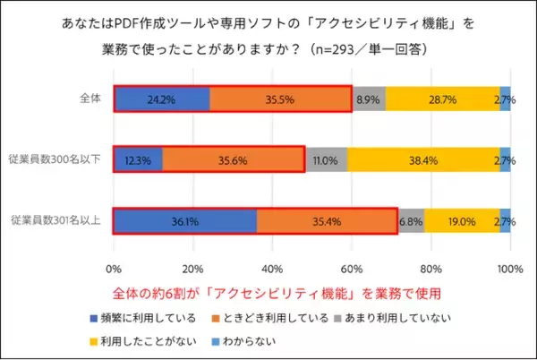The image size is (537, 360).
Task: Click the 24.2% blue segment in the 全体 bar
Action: pyautogui.click(x=162, y=99)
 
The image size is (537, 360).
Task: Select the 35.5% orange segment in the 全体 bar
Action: pyautogui.click(x=280, y=99)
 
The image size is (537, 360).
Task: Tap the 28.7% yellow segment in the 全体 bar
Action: pyautogui.click(x=442, y=99)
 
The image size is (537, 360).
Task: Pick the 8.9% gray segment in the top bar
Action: pyautogui.click(x=368, y=99)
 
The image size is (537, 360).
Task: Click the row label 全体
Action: pyautogui.click(x=87, y=99)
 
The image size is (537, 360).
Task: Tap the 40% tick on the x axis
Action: pyautogui.click(x=272, y=269)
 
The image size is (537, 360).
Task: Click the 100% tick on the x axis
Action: pyautogui.click(x=509, y=269)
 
